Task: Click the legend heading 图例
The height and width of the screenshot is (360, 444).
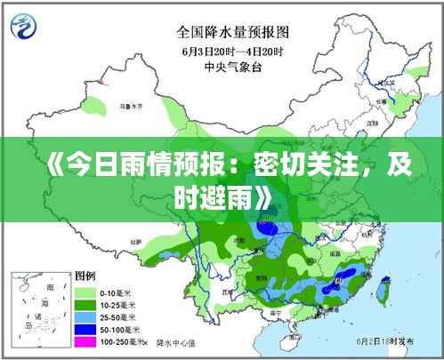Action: tap(85, 276)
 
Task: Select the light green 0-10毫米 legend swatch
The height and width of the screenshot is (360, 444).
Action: tap(85, 292)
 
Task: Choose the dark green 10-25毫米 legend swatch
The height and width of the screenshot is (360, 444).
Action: tap(85, 304)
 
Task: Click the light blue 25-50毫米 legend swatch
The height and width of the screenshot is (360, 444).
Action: tap(85, 316)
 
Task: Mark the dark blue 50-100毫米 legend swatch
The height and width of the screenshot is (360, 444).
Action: tap(85, 328)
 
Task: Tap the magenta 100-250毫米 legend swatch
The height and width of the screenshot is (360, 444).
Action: tap(85, 340)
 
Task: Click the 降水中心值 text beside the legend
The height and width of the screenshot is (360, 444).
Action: tap(177, 340)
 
